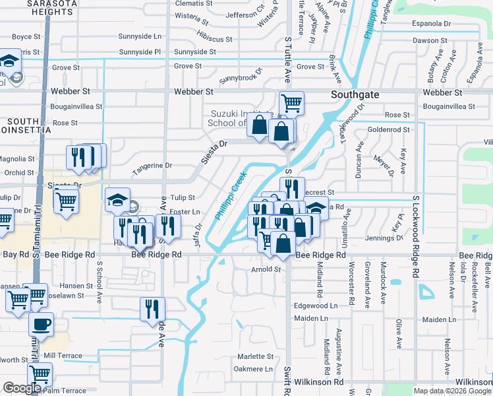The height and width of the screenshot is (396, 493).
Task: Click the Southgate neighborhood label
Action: (x=355, y=94)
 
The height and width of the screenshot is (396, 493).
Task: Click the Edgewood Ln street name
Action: (x=315, y=306)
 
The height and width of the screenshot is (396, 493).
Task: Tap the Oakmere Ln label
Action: (x=254, y=369)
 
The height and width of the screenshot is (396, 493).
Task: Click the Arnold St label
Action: (x=266, y=269)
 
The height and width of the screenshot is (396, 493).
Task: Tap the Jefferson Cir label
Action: (x=245, y=14)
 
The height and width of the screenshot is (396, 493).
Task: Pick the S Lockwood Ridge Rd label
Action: (x=416, y=236)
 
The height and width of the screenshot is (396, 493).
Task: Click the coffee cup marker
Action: (x=42, y=324)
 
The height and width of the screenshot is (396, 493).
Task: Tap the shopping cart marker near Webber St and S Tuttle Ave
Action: (x=291, y=103)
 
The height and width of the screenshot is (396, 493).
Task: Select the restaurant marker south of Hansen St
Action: (x=152, y=308)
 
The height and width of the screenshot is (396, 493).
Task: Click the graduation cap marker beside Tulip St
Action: (x=117, y=199)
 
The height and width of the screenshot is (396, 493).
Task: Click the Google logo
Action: (x=22, y=388)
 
